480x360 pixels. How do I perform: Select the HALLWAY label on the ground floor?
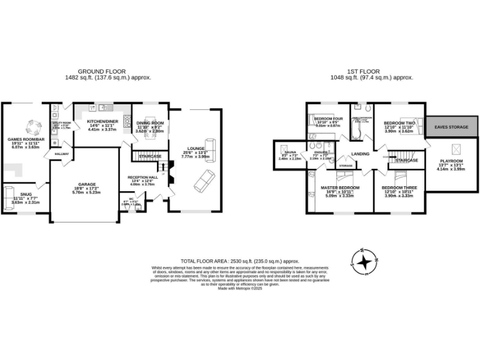coord(62,153)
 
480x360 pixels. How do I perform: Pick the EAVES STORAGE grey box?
coord(451,127)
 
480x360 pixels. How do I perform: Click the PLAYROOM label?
coord(451,164)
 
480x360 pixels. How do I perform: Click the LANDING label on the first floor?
coord(361,153)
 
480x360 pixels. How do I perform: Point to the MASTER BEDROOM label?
coord(340,187)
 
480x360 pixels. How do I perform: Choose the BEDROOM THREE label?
coord(399,187)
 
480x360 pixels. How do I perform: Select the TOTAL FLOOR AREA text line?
coord(240,261)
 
